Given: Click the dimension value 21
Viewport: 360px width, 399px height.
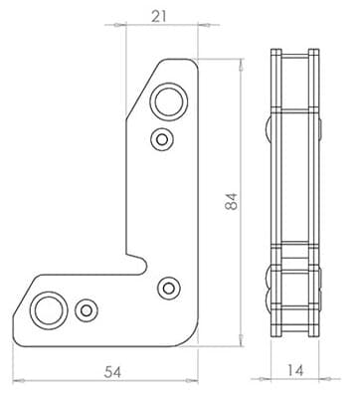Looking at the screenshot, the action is coord(159,16).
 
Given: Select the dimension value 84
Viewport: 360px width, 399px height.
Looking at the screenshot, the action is coord(232,201).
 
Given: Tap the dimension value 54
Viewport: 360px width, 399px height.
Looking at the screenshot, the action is coord(112,372).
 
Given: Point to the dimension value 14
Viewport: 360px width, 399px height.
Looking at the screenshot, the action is coord(295,370).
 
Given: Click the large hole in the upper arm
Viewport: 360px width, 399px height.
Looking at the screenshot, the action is coord(169,100).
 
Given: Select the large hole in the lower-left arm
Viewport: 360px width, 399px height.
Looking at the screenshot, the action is coord(49,310).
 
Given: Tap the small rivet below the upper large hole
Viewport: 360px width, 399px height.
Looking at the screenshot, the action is coord(162,139).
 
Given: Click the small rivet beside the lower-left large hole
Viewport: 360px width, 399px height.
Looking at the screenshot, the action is coord(87,310).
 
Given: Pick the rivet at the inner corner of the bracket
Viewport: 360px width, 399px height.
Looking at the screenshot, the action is coord(169,288).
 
